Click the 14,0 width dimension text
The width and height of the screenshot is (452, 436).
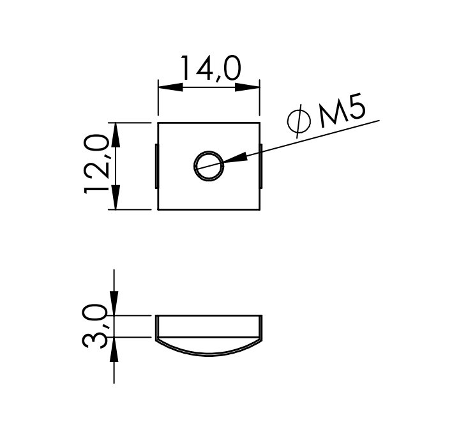point(211,68)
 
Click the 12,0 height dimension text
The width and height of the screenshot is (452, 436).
point(96,163)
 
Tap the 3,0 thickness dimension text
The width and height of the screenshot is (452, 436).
point(94,326)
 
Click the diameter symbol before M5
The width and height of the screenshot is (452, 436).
point(299,121)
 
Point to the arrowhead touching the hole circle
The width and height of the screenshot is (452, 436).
point(235,158)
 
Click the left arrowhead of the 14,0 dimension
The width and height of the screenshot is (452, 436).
point(170,87)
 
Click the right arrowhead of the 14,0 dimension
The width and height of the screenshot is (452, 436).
point(247,87)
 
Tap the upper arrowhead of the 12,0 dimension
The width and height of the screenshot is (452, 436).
point(116,135)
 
